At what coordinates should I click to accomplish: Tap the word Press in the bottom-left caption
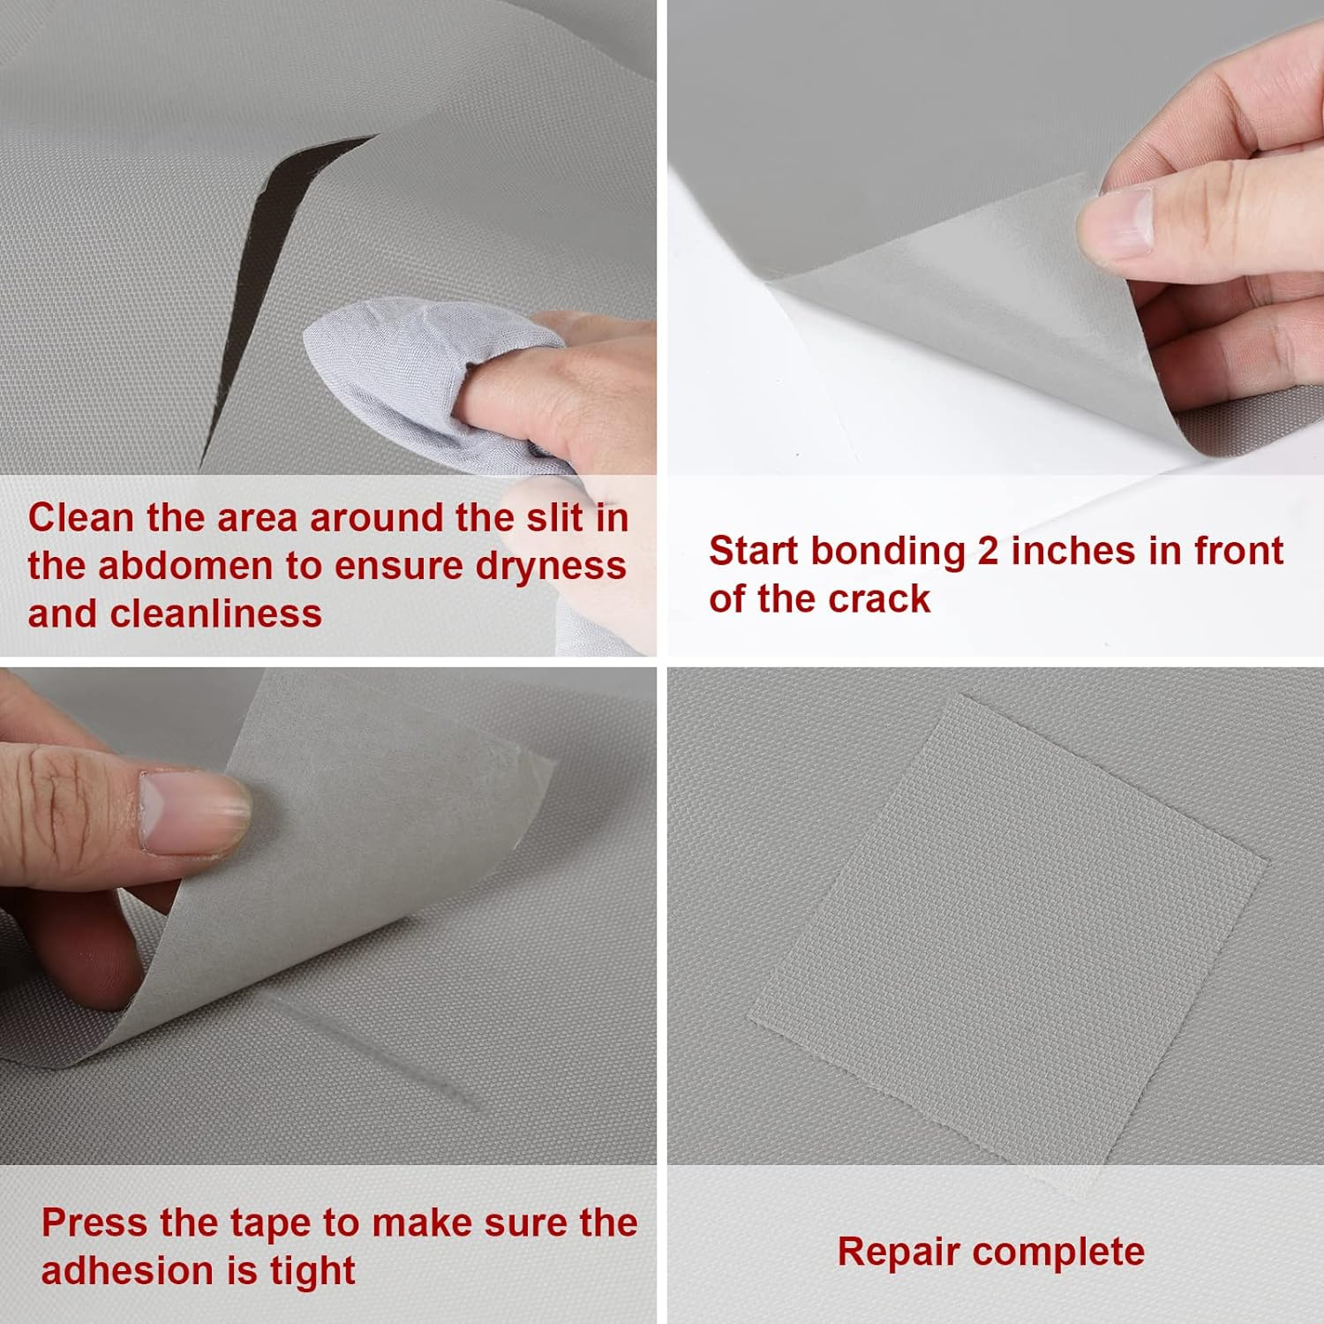tap(94, 1222)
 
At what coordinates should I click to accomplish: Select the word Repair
tap(899, 1252)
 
